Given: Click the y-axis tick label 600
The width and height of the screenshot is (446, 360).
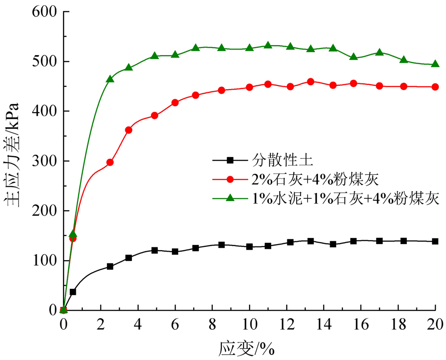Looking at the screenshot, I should tap(44, 12).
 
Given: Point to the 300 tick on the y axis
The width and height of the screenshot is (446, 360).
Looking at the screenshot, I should tap(44, 161).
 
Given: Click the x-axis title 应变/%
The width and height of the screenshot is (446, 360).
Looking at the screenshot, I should tap(246, 349).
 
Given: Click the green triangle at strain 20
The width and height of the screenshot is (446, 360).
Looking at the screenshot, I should tap(435, 64).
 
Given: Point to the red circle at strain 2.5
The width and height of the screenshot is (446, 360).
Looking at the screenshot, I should tap(110, 162).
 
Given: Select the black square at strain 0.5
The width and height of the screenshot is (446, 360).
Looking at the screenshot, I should tap(73, 292).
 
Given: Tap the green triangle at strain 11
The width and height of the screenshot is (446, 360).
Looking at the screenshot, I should tap(268, 45).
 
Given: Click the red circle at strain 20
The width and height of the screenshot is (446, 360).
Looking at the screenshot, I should tap(435, 87).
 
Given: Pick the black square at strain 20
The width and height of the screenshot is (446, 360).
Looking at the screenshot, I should tap(435, 241).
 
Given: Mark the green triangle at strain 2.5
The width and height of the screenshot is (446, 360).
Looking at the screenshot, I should tap(110, 79).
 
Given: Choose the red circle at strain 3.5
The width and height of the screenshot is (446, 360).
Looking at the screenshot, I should tap(129, 130).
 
